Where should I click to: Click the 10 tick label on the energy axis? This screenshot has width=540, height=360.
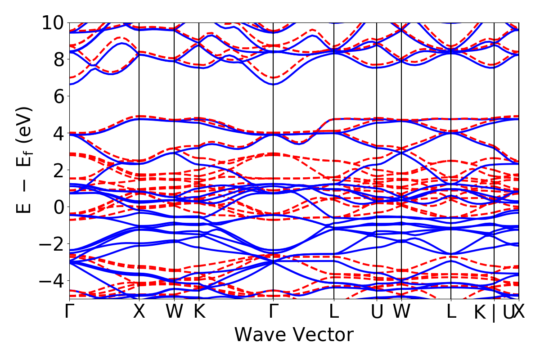point(53,22)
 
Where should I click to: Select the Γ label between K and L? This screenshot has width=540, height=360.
point(273,312)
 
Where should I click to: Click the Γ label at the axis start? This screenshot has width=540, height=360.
point(69,312)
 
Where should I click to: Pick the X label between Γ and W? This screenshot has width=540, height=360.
point(139,312)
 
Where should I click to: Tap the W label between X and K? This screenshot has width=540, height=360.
point(174,312)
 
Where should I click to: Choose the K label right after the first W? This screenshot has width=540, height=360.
point(199,312)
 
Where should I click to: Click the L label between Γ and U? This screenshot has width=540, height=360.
point(334,312)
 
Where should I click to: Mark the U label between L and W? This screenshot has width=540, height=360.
point(377,312)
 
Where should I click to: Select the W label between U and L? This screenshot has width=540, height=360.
point(401,312)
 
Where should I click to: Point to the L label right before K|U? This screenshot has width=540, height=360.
point(451,312)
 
